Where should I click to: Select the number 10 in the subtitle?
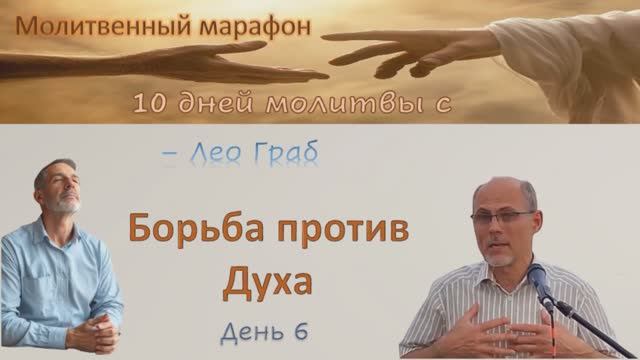coord(148,103)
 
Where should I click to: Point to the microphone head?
coord(536,275)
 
